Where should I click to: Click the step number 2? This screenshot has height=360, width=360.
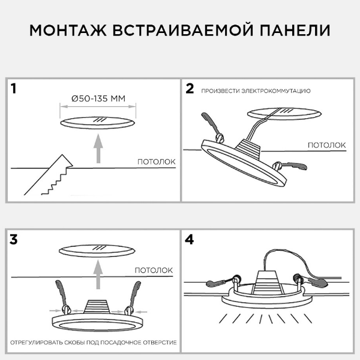190,89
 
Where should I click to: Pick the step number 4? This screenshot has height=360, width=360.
190,239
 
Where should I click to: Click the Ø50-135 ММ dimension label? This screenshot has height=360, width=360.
97,98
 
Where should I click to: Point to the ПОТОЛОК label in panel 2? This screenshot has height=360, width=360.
327,145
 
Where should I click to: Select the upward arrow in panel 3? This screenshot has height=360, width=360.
97,277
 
